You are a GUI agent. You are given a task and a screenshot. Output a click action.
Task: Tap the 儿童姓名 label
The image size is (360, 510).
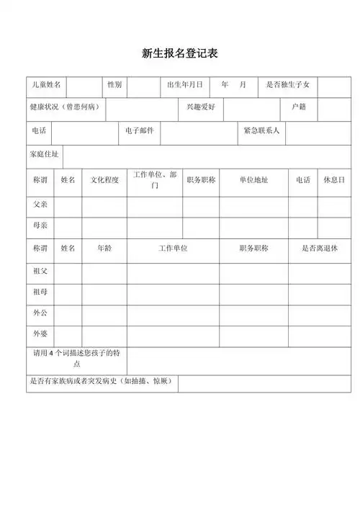click(45, 85)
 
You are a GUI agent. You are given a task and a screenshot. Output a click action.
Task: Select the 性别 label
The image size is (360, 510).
click(114, 85)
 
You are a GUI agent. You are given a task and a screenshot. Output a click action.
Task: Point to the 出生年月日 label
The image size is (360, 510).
click(184, 85)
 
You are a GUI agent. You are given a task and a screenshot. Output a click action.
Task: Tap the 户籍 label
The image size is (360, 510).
click(299, 107)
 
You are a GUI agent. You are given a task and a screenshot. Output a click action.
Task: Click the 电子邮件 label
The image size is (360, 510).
click(139, 131)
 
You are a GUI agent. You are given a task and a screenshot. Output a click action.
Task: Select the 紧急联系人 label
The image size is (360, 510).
click(262, 131)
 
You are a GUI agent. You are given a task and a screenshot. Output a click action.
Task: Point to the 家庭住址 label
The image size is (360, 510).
click(45, 155)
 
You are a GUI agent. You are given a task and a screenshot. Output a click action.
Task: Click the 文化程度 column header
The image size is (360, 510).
click(104, 180)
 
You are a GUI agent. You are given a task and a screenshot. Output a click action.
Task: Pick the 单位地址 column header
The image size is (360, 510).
click(253, 180)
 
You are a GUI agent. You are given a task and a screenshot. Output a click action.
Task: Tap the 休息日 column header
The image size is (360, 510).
click(333, 179)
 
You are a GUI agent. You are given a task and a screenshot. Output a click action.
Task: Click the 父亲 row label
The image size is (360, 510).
click(40, 204)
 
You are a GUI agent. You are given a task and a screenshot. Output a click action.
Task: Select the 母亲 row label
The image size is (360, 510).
click(40, 225)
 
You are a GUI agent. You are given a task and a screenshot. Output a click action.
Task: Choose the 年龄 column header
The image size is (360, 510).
click(104, 249)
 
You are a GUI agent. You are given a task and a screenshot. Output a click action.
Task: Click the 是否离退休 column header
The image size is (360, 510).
click(319, 249)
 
